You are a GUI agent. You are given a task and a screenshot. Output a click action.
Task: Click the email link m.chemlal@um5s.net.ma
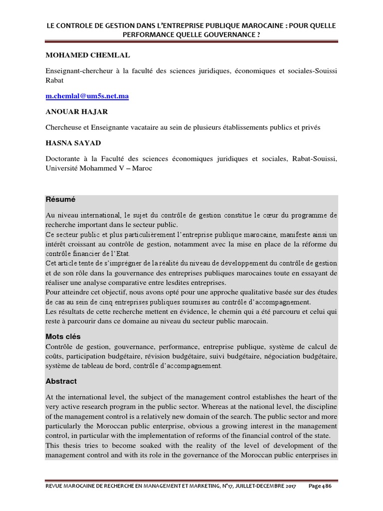click(87, 96)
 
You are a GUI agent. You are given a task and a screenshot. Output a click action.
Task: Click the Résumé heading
click(60, 199)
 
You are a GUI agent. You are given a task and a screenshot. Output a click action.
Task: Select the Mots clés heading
click(63, 336)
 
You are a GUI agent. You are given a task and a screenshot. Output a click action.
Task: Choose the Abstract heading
click(61, 381)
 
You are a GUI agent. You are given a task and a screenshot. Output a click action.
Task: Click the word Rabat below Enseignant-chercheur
click(54, 80)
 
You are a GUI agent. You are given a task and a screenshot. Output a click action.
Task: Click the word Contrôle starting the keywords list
click(59, 346)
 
